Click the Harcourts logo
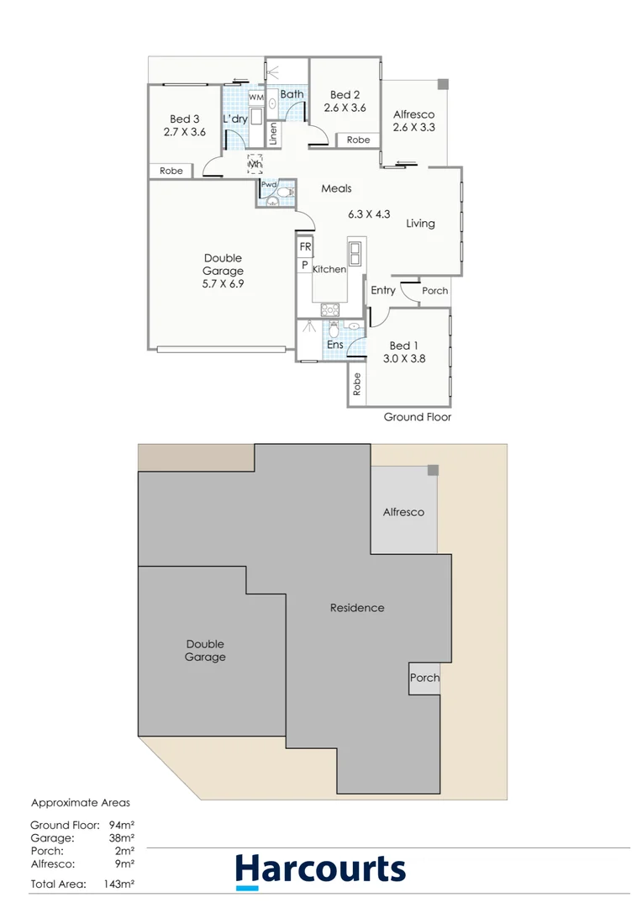(x=320, y=869)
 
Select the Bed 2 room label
(x=345, y=101)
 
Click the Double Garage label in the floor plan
(x=223, y=271)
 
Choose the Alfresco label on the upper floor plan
(x=414, y=121)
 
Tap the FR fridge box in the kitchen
(x=304, y=248)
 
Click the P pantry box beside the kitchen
(x=304, y=265)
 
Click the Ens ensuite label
(x=334, y=345)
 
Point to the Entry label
(x=382, y=290)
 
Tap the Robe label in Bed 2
(x=358, y=140)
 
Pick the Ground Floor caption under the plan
(x=417, y=417)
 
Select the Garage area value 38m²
(x=121, y=837)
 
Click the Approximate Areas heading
(x=81, y=803)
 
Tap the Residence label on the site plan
(x=357, y=608)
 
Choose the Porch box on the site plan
(x=424, y=678)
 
